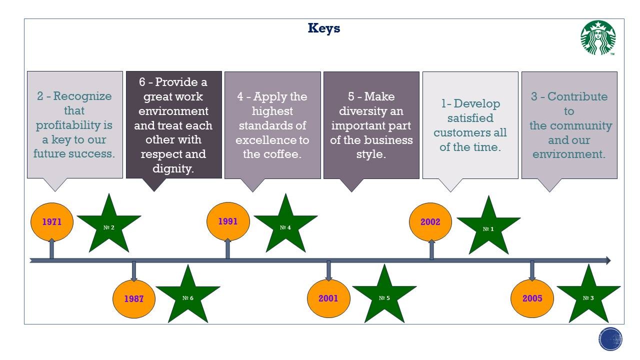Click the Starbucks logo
(x=598, y=38)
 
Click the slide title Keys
(x=324, y=28)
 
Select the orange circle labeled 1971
(x=52, y=221)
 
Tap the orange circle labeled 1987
(x=133, y=299)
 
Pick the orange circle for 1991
(x=228, y=221)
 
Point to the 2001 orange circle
(x=328, y=298)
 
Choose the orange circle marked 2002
(x=430, y=221)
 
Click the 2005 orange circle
(x=532, y=298)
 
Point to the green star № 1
(x=488, y=228)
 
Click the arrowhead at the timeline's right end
(x=607, y=260)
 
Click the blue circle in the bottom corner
(x=610, y=339)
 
